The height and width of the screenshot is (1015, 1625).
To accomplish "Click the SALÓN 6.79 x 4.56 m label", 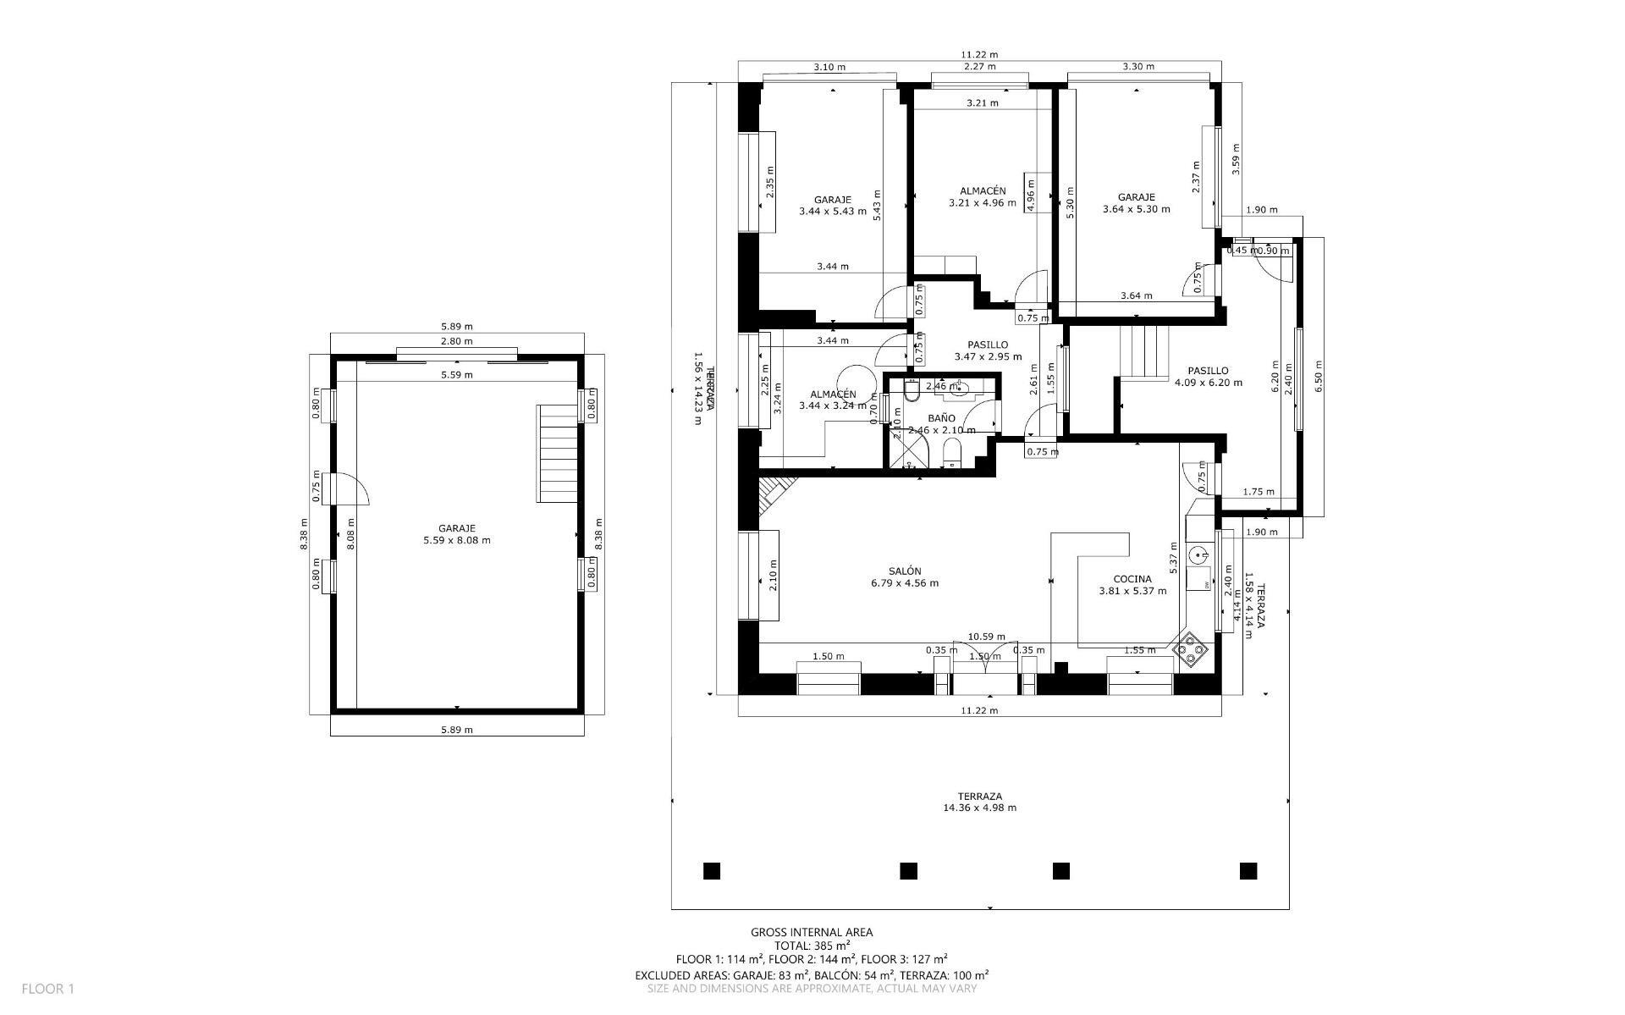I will click(x=904, y=576).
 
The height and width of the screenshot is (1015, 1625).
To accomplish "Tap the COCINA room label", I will click(x=1132, y=585).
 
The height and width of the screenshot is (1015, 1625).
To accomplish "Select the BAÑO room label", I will click(x=941, y=418).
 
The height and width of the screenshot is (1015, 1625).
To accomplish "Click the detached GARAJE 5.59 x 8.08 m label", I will click(x=456, y=534).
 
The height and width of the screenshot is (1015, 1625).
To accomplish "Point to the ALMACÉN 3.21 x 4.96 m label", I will click(x=982, y=196).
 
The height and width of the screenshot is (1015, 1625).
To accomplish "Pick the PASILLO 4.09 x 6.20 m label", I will click(x=1208, y=376).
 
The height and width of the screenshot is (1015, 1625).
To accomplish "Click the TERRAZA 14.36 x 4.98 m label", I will click(x=979, y=802).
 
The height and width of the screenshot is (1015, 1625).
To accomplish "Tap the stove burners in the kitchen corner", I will click(x=1191, y=649).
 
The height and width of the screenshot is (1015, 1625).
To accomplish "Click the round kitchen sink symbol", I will click(x=1198, y=555).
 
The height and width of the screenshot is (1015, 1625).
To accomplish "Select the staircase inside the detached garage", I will click(x=557, y=454).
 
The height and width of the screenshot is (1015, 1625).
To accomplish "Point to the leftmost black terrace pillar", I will click(x=711, y=870).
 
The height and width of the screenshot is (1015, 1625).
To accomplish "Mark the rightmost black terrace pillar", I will click(x=1248, y=870).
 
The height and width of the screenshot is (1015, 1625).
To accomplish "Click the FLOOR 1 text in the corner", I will click(x=48, y=988).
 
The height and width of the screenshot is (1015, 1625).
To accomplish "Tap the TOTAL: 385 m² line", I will click(x=812, y=946).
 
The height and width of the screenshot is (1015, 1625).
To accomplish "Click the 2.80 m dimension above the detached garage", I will click(x=456, y=341).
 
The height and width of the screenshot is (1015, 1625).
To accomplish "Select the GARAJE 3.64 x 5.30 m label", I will click(x=1136, y=203).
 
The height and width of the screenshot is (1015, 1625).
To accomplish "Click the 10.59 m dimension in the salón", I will click(x=986, y=637).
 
